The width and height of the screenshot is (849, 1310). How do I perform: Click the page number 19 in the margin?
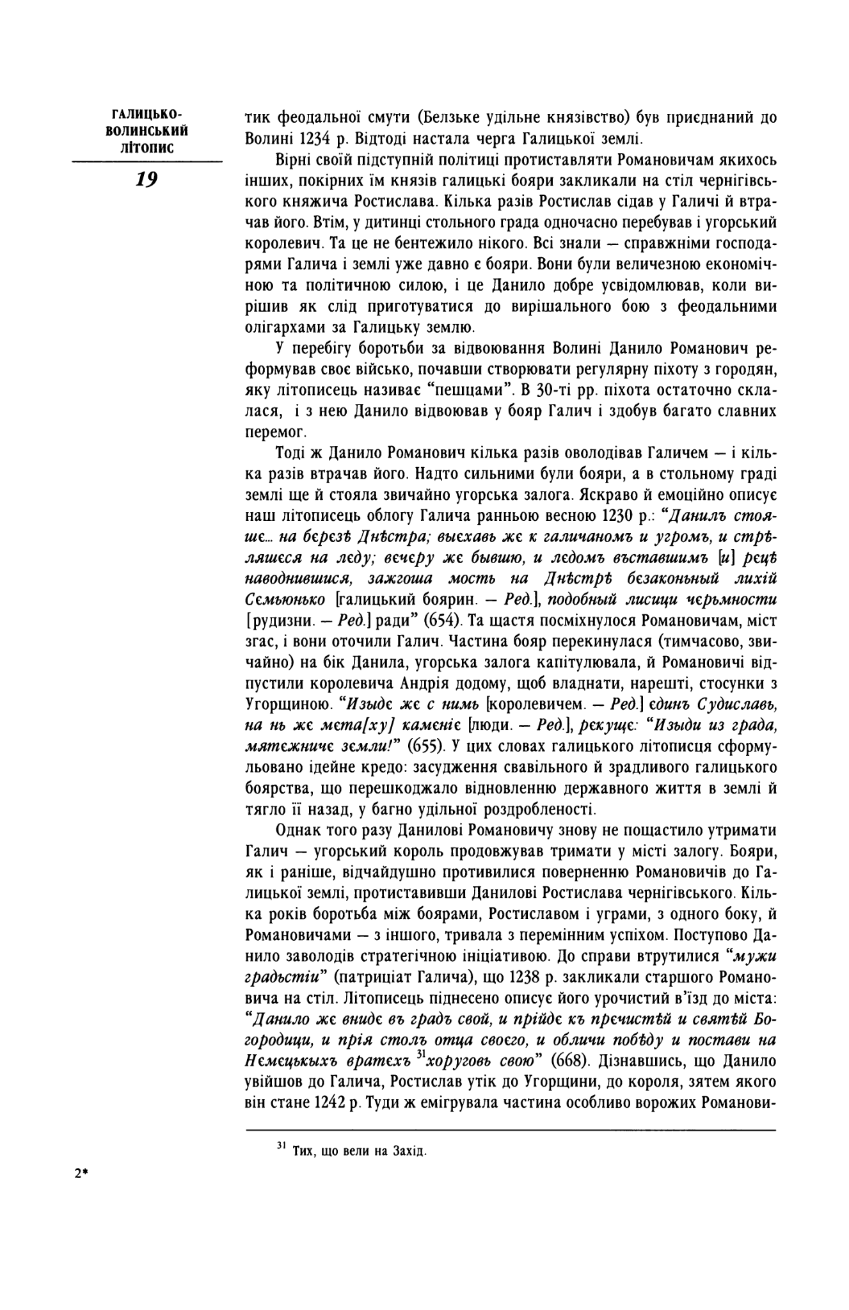(147, 180)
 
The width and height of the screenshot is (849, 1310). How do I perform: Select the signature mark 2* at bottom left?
(81, 1173)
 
